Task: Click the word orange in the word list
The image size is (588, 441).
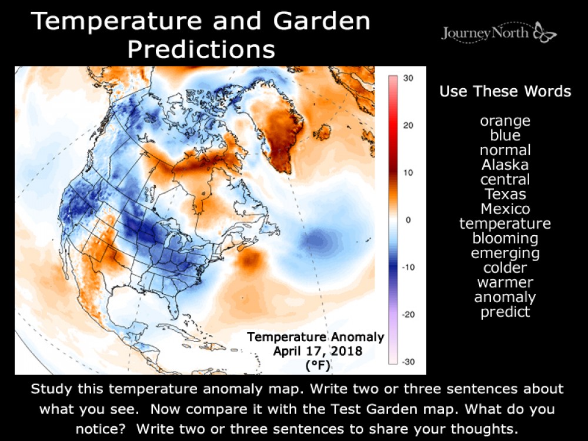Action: coord(505,121)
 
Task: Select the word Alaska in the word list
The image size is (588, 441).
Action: coord(505,165)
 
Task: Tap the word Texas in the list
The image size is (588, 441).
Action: coord(505,195)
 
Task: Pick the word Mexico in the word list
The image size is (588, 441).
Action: coord(505,209)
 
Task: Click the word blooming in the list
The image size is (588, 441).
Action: coord(505,239)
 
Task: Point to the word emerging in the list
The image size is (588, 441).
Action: coord(505,253)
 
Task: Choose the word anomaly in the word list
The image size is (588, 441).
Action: coord(505,298)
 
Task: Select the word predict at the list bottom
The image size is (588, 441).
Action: coord(505,312)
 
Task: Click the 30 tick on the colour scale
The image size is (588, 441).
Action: coord(409,78)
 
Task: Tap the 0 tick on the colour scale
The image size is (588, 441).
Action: coord(409,220)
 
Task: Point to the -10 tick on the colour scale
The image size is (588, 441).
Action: coord(409,267)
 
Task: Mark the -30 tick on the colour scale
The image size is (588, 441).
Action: coord(409,362)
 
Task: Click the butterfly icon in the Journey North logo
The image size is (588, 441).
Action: coord(544,33)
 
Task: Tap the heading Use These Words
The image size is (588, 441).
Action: coord(505,92)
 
